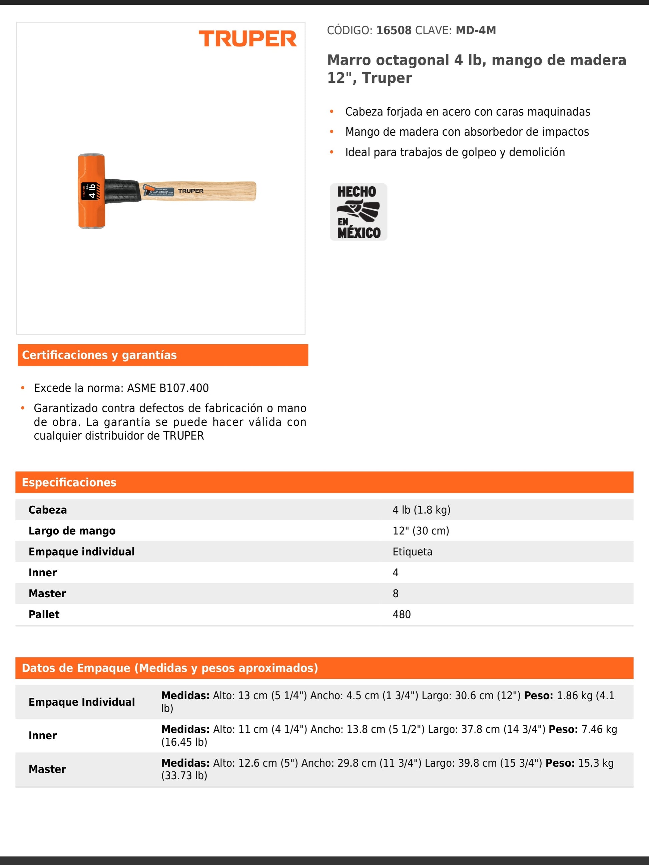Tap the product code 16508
pos(394,31)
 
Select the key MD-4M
pos(475,31)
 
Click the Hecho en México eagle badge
pos(358,212)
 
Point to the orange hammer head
pos(91,191)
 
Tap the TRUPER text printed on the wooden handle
pos(190,191)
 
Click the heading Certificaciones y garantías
pos(99,355)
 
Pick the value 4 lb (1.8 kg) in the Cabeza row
pos(421,510)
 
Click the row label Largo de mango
pos(72,531)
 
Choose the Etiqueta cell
pos(412,552)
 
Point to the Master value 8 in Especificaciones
pos(396,594)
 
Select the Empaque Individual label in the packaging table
pos(81,702)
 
